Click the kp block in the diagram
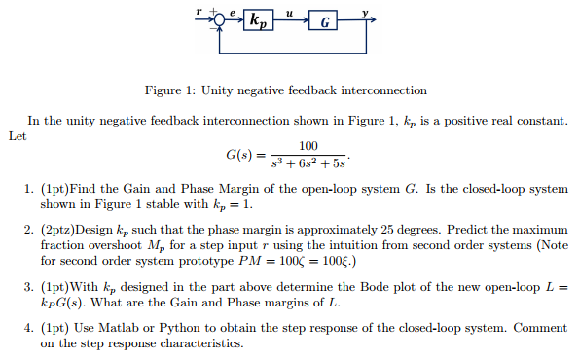(261, 18)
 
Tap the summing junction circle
(219, 18)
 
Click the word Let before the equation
(17, 136)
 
